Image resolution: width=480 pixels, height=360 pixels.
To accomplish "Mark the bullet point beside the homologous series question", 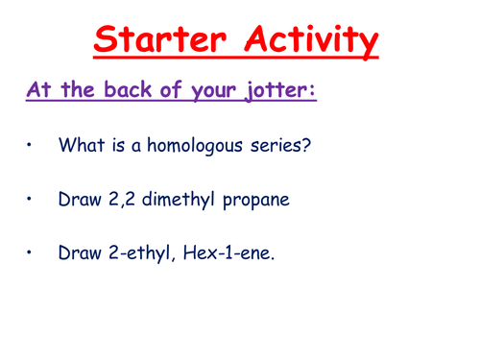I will pyautogui.click(x=30, y=147).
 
